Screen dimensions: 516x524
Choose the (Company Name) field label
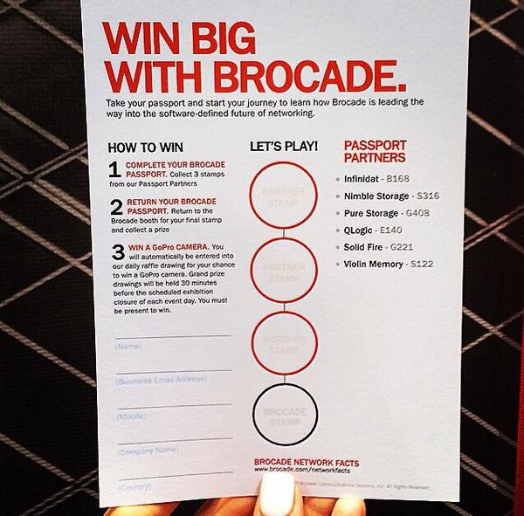point(141,452)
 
